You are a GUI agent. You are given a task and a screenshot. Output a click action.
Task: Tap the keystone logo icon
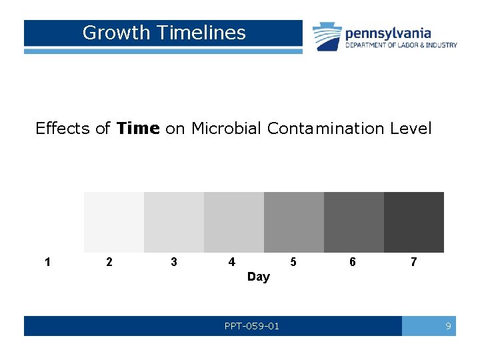click(327, 36)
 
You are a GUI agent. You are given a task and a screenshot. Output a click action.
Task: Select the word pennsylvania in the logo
click(388, 33)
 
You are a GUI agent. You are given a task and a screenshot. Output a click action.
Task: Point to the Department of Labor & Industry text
click(401, 45)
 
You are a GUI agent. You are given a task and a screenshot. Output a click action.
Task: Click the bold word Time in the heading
click(138, 128)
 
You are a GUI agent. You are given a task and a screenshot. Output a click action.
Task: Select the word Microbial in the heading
click(227, 128)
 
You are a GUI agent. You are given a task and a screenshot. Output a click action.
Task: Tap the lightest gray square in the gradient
click(114, 222)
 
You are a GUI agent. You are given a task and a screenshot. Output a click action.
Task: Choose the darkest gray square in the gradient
click(414, 222)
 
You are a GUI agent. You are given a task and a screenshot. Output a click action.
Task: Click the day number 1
click(47, 262)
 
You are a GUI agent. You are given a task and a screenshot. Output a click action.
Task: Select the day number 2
click(109, 262)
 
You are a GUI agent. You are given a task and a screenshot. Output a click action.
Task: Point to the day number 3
click(174, 262)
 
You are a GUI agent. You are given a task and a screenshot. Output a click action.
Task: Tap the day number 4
click(231, 262)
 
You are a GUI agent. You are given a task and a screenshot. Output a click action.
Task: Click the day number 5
click(293, 262)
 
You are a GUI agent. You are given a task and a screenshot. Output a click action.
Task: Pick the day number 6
click(353, 262)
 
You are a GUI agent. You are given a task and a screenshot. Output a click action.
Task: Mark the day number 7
click(414, 262)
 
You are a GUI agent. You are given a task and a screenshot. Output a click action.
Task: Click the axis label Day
click(259, 277)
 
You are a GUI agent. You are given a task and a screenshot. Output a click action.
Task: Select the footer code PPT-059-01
click(252, 326)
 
